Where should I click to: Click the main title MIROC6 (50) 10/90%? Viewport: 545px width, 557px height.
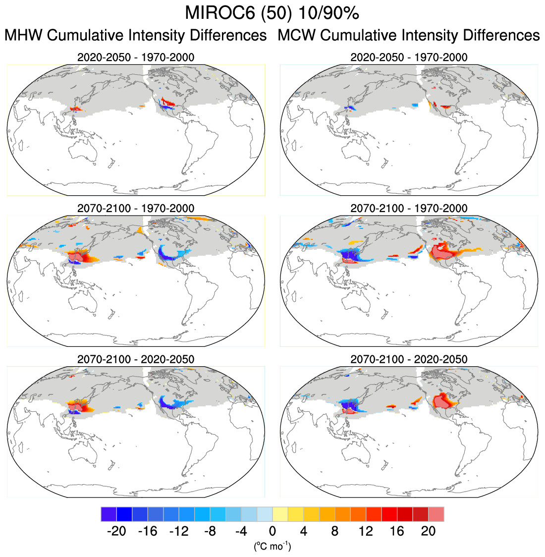coord(272,13)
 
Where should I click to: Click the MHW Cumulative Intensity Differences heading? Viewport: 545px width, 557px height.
coord(136,36)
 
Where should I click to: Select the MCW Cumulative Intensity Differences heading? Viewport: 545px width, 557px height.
coord(408,36)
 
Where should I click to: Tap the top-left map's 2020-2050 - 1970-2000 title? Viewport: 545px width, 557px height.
coord(136,57)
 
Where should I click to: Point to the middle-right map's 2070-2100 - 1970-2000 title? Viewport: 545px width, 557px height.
coord(409,208)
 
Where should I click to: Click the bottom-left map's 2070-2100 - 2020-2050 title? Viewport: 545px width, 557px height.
coord(136,359)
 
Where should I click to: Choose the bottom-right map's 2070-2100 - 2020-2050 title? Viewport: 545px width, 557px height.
coord(409,359)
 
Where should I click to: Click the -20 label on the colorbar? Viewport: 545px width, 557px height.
coord(116,532)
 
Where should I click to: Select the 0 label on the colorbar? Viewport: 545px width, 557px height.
coord(272,532)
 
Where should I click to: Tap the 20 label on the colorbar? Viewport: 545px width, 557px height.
coord(428,532)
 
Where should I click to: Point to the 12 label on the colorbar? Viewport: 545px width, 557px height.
coord(366,532)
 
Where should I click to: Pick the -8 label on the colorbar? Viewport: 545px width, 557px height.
coord(210,532)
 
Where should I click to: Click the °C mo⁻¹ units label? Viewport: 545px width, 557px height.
coord(272,546)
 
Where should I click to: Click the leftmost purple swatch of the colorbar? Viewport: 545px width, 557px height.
coord(109,514)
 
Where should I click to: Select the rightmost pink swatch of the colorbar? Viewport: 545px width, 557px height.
coord(436,514)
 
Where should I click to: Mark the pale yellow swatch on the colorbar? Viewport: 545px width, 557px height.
coord(280,514)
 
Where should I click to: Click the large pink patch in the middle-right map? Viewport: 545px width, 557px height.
coord(442,253)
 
